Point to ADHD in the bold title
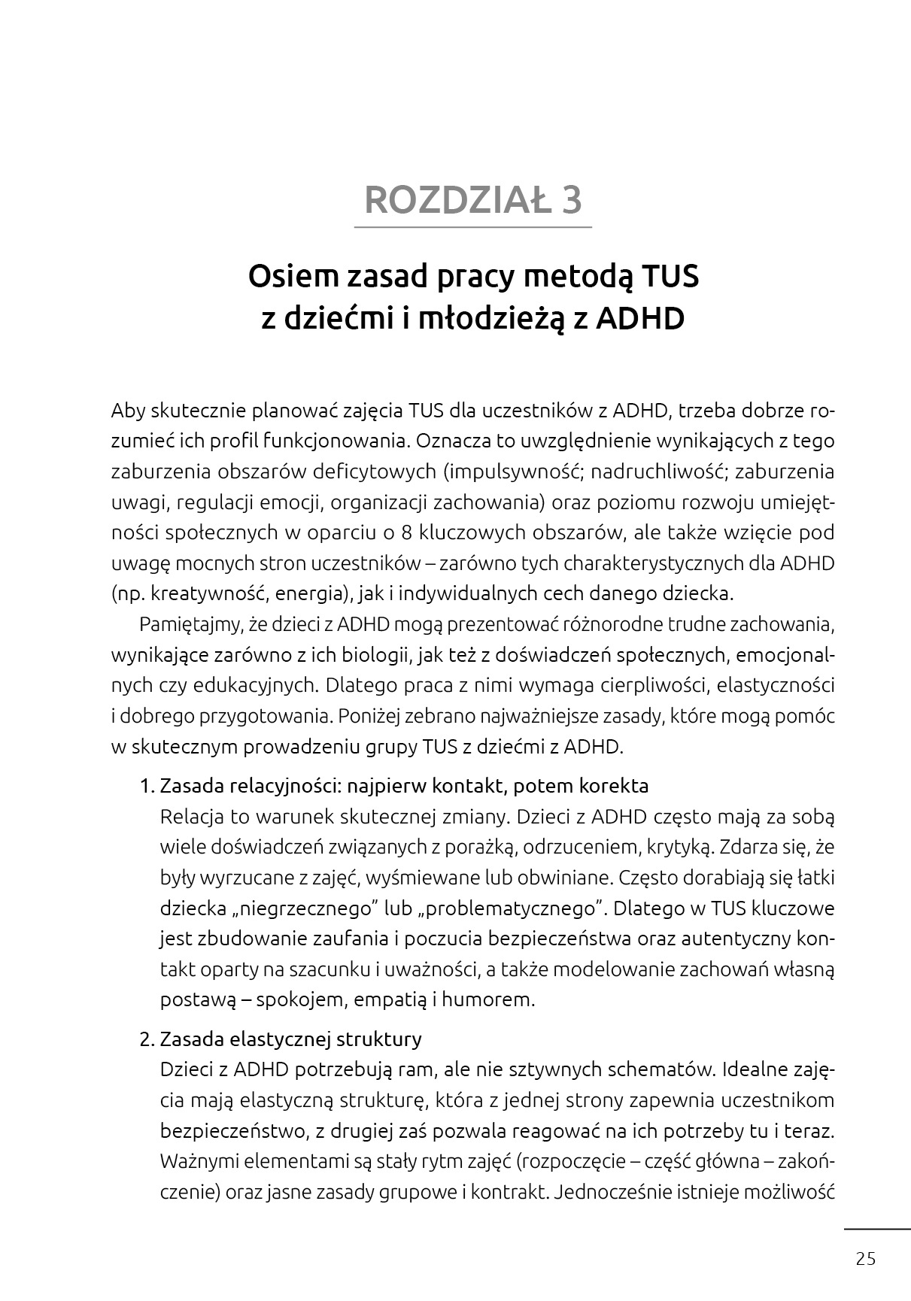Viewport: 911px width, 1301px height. tap(640, 318)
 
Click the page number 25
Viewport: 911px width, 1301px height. tap(866, 1259)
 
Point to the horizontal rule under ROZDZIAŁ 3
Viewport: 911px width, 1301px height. tap(473, 227)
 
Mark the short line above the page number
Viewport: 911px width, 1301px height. tap(876, 1229)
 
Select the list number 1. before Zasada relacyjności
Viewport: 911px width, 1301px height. tap(147, 787)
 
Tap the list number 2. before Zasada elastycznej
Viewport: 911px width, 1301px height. tap(147, 1039)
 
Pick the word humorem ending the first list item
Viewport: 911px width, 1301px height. tap(488, 1000)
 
